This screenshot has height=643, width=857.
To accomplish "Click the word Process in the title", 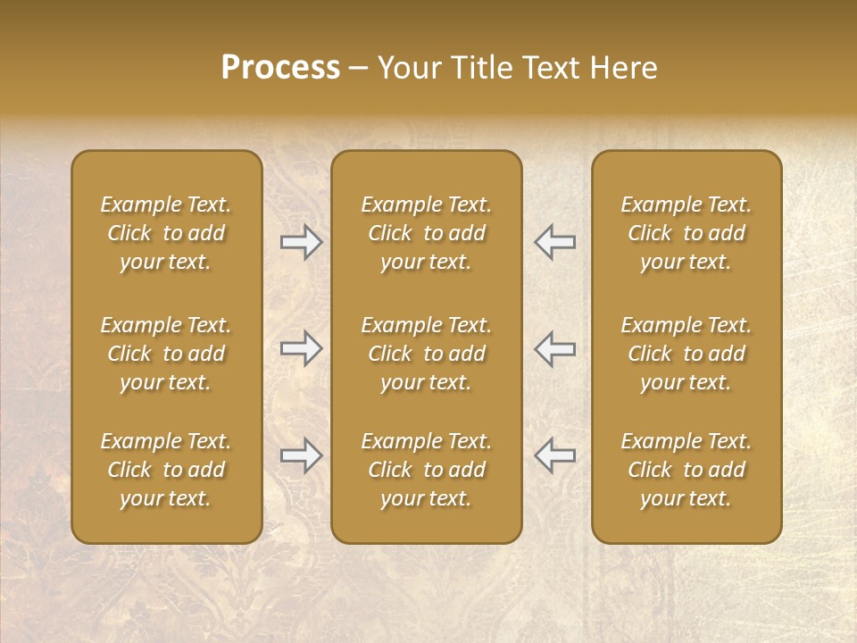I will (280, 68).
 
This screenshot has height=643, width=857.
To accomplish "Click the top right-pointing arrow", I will (301, 242).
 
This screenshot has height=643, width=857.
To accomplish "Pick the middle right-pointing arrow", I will (301, 348).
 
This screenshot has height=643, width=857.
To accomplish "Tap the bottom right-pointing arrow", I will (301, 455).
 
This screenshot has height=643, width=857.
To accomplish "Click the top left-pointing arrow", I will (554, 242).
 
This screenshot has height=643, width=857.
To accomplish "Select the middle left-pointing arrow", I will (554, 348).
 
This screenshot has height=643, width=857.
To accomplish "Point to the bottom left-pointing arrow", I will (554, 455).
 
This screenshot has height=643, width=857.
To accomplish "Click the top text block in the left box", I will (166, 233).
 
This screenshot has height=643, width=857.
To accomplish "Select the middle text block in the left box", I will (166, 354).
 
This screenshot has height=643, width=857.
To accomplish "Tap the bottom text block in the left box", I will (166, 470).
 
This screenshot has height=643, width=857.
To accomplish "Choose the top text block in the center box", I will (426, 233).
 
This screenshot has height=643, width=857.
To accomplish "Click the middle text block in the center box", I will (426, 354).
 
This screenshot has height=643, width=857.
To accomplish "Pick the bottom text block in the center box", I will (426, 470).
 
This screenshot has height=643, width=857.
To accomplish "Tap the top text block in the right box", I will (686, 233).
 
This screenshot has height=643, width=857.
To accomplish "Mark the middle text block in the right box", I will (686, 354).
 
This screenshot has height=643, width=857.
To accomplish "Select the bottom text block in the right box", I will (686, 470).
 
